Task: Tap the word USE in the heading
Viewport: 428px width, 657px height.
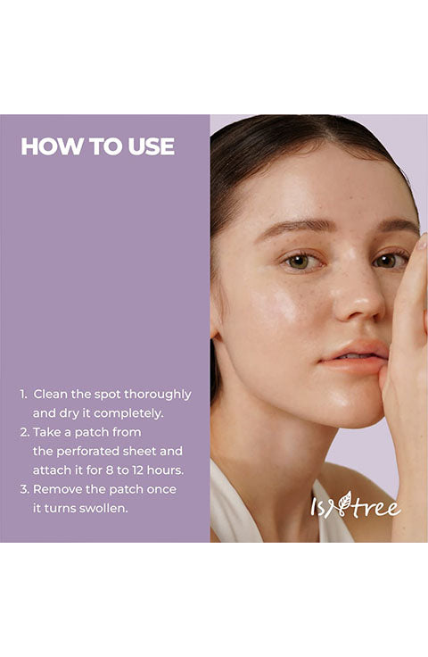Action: point(151,146)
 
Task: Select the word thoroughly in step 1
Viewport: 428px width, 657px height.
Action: point(157,395)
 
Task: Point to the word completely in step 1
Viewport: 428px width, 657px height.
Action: point(128,414)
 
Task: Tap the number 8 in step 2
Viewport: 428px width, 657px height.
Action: point(109,470)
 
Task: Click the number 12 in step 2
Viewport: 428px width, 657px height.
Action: point(137,470)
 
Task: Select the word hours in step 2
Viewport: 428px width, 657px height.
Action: point(165,470)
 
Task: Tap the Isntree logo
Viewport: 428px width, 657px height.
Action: point(356,505)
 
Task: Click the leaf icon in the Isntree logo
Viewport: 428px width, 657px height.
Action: point(345,501)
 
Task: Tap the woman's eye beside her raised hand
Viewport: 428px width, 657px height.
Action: point(388,261)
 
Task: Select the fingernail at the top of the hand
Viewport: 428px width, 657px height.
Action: point(423,242)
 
